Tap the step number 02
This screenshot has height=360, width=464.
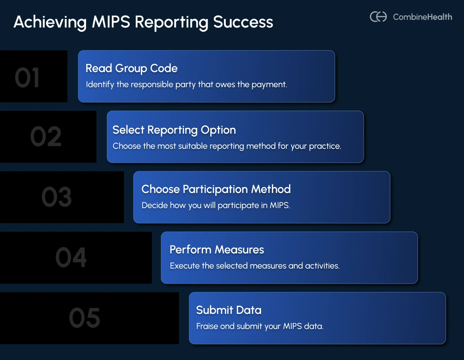coord(46,137)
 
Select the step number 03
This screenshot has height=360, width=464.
coord(57,197)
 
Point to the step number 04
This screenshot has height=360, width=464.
coord(71,258)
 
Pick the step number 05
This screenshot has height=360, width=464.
coord(84,318)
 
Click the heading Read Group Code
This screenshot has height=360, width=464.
coord(131,68)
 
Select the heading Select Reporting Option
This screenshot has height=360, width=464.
coord(174,130)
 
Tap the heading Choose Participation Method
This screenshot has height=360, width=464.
coord(216,189)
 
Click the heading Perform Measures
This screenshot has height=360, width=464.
coord(217,250)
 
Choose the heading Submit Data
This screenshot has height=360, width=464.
coord(229,310)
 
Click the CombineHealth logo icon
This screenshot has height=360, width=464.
coord(378,17)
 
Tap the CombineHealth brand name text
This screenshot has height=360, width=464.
coord(422,17)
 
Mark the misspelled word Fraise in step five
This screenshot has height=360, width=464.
coord(206,326)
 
